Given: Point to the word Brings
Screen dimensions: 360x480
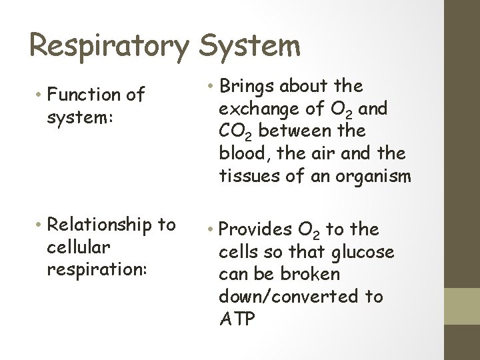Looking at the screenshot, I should point(247,86).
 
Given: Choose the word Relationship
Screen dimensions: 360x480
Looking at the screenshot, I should point(102,225).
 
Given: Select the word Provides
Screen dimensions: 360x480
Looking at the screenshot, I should point(255,230).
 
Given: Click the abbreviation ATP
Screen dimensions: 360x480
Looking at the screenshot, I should point(237,319).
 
